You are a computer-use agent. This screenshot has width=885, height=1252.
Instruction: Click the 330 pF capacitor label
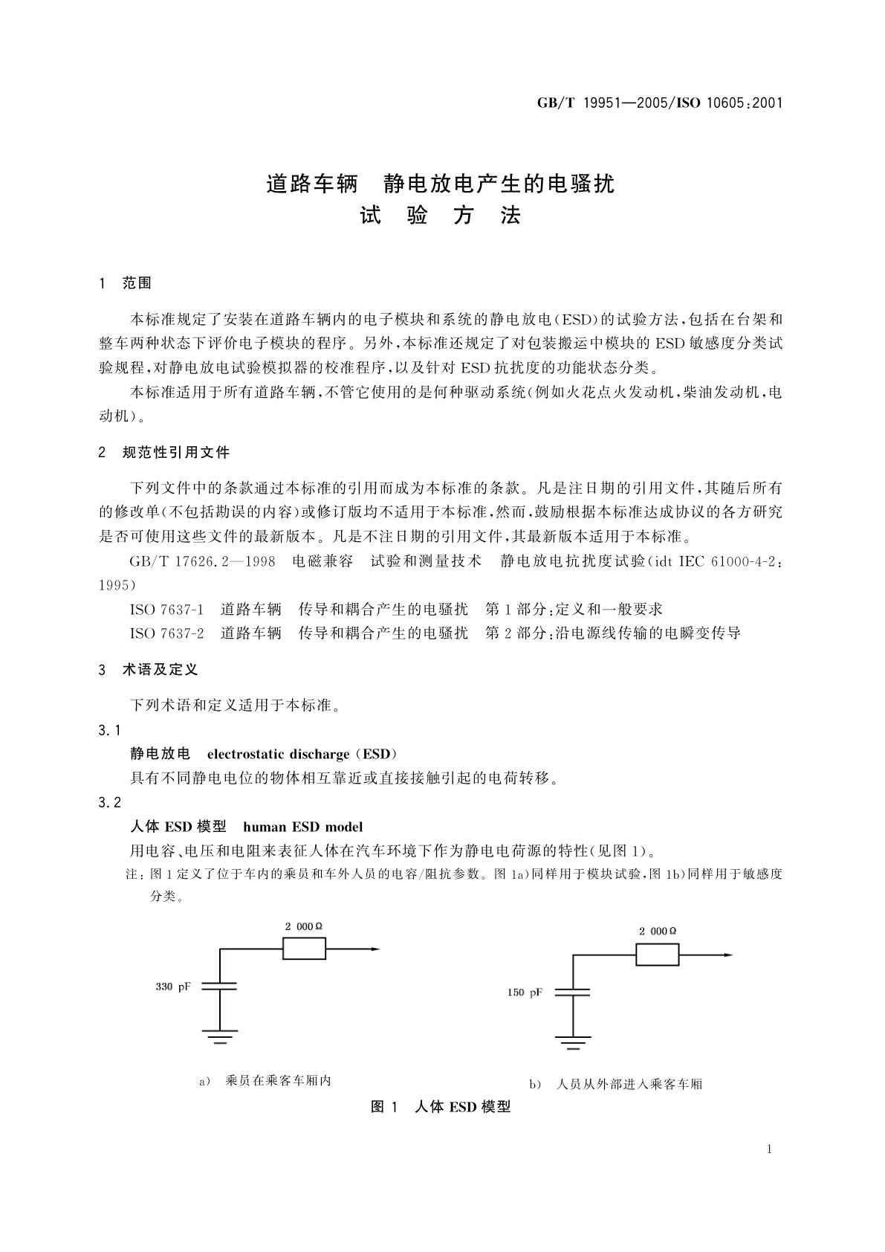coord(173,987)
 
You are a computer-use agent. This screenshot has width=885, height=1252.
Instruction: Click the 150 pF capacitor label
coord(525,993)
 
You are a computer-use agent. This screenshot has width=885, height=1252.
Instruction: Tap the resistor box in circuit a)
coord(304,949)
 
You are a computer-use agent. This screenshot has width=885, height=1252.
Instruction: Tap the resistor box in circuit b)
coord(657,955)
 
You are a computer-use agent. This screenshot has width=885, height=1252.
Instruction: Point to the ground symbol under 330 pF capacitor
coord(220,1036)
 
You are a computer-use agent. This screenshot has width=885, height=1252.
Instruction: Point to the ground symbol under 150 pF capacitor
coord(572,1042)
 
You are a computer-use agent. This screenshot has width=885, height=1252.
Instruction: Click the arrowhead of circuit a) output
coord(375,949)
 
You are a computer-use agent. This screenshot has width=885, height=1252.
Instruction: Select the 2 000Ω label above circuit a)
coord(304,926)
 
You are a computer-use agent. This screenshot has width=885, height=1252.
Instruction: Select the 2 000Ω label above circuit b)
coord(658,931)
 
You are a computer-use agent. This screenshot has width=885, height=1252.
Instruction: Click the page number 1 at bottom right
coord(769,1149)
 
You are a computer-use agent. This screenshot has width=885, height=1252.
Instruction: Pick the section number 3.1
coord(109,730)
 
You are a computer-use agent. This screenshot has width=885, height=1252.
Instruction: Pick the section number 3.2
coord(109,802)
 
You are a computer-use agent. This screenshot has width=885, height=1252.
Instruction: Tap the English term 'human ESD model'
coord(303,826)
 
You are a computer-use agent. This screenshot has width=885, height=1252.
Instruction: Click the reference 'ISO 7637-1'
coord(166,609)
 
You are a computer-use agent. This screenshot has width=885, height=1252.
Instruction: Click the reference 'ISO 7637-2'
coord(166,633)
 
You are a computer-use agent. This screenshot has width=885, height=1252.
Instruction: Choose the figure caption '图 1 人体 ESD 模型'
coord(441,1107)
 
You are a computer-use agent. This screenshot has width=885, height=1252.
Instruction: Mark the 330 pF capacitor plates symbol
coord(220,987)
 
